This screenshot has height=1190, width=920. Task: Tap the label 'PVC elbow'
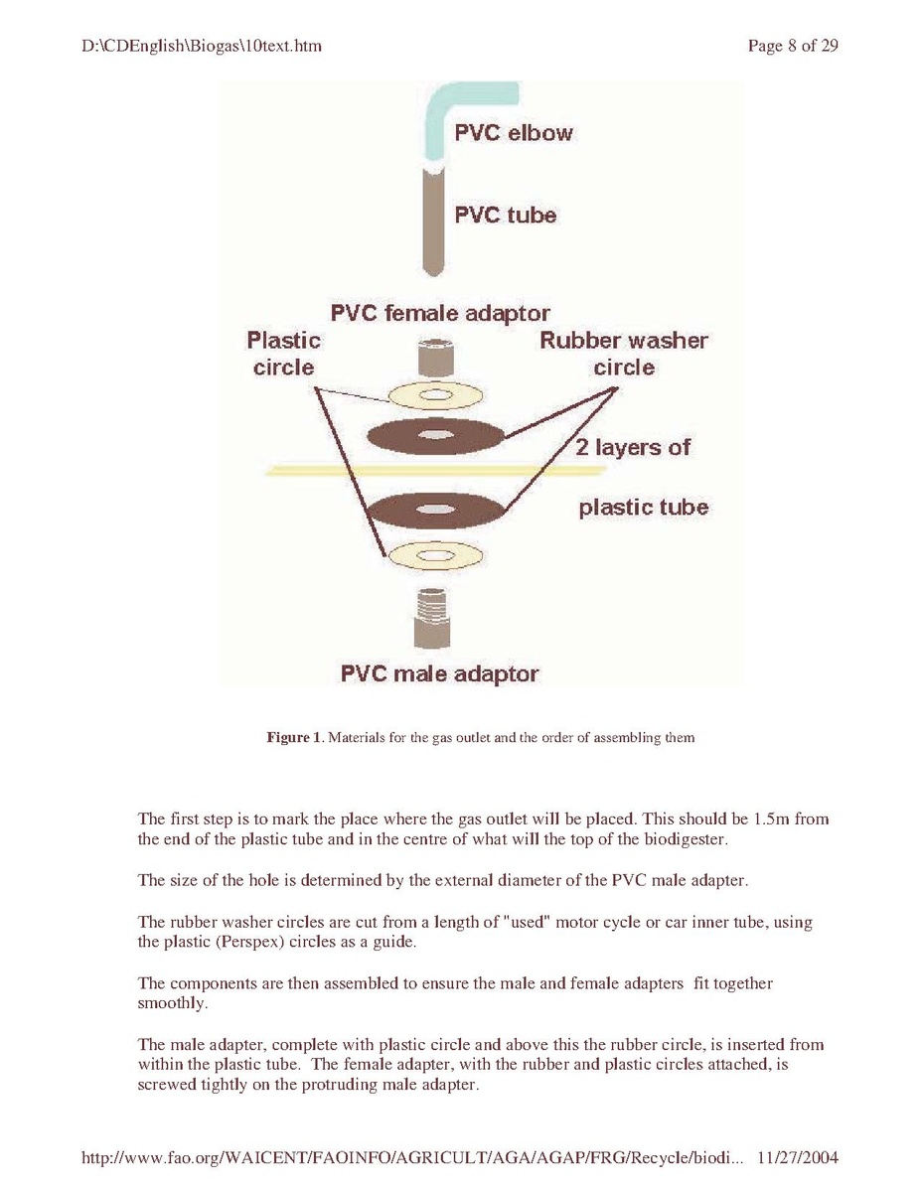click(x=513, y=133)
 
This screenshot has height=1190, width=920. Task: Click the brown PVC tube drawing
click(x=433, y=221)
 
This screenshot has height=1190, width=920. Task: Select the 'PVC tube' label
click(x=505, y=215)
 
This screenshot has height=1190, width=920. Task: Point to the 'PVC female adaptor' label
click(x=440, y=313)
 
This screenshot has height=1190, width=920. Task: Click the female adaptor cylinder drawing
click(x=436, y=359)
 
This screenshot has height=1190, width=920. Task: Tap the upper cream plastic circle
click(x=436, y=395)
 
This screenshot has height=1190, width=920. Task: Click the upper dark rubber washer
click(x=436, y=436)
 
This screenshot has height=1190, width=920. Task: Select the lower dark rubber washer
click(x=436, y=510)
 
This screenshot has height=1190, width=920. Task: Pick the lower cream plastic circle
click(x=436, y=556)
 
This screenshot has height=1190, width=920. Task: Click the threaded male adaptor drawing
click(x=433, y=618)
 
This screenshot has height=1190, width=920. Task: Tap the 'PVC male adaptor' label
click(x=439, y=673)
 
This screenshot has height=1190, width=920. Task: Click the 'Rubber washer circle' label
click(x=624, y=354)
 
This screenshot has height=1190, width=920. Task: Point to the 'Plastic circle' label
click(x=283, y=354)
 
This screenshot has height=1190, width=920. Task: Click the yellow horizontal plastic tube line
click(x=436, y=471)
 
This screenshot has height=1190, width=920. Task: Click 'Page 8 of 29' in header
click(x=793, y=46)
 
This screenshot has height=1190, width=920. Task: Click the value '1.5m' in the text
click(x=771, y=818)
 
